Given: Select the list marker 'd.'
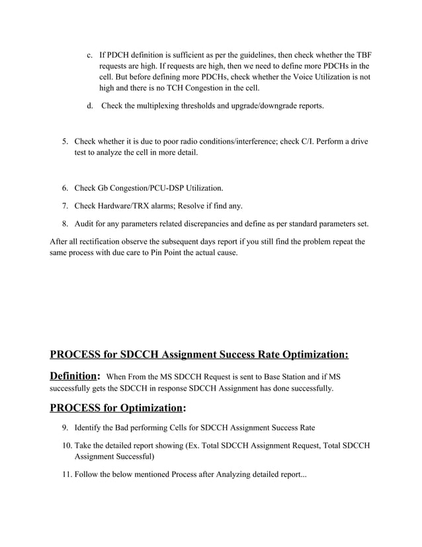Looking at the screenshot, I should [x=90, y=106].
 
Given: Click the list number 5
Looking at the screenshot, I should [x=65, y=142].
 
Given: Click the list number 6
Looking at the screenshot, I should [x=65, y=189].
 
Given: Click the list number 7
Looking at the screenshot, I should [x=65, y=206].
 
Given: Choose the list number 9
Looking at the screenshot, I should [x=65, y=428].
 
